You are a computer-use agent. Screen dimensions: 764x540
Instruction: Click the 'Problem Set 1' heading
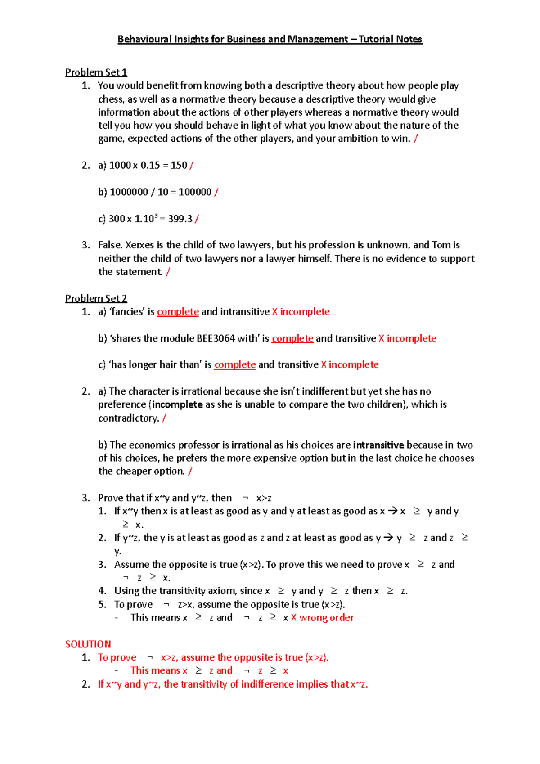[96, 72]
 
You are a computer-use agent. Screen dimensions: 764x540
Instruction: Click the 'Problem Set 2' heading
[96, 298]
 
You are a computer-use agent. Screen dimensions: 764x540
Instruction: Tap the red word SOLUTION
[88, 644]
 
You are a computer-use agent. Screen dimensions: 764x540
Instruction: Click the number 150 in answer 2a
[179, 166]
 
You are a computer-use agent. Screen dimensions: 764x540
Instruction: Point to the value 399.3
[180, 219]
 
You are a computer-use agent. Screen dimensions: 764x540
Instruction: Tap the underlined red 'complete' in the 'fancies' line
[178, 312]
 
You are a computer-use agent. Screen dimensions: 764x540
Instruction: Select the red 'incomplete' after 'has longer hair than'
[354, 365]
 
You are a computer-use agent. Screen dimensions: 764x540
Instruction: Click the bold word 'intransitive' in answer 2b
[378, 445]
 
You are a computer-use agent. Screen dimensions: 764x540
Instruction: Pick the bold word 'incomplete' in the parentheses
[177, 404]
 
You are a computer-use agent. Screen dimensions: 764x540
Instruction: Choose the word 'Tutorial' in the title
[373, 40]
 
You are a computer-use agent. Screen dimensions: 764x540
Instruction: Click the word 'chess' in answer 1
[110, 99]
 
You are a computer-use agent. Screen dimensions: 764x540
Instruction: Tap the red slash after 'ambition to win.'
[415, 139]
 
